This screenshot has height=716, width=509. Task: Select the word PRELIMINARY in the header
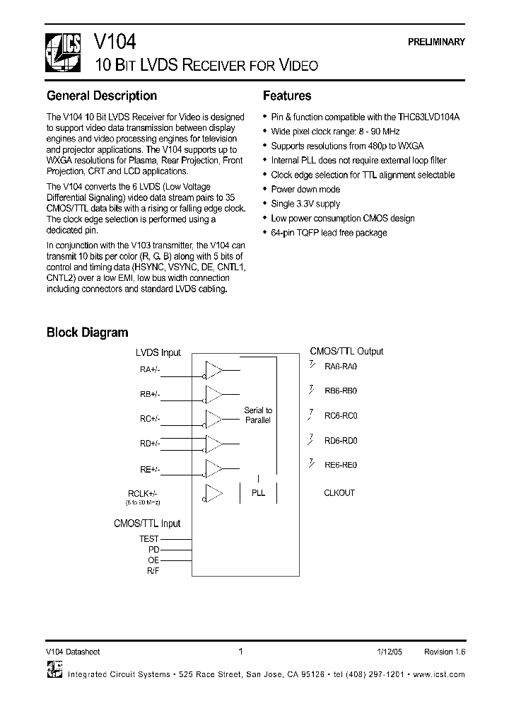436,42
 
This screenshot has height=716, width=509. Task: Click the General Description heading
102,96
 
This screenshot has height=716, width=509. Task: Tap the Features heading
287,96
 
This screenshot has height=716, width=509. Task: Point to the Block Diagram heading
88,332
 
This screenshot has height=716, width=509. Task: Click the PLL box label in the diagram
258,492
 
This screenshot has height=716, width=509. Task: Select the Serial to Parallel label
258,415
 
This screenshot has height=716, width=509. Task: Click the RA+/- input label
150,369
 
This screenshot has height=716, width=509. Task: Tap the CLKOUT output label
339,492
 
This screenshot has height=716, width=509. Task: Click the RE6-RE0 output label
341,465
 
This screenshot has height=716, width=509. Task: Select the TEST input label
149,539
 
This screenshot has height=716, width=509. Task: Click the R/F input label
153,570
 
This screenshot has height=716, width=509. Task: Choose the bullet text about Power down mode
305,190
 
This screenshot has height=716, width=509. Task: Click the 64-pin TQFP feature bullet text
329,233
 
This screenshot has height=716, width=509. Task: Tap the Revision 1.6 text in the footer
445,652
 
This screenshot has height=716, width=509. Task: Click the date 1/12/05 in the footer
389,652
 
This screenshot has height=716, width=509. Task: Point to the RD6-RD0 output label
341,440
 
